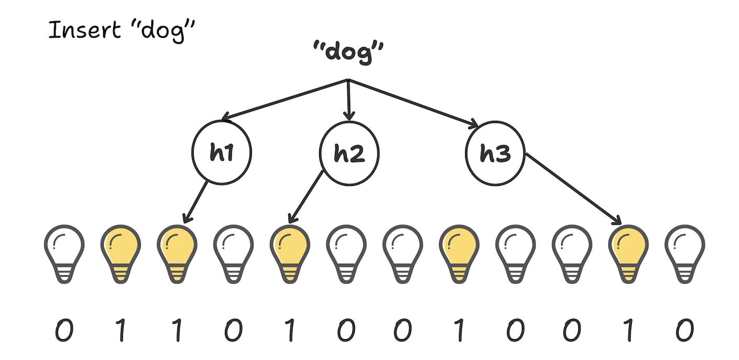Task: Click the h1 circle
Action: click(221, 153)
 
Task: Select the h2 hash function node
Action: click(349, 153)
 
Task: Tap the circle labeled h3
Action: click(495, 153)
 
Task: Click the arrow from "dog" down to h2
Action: click(349, 99)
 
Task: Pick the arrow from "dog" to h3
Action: click(413, 103)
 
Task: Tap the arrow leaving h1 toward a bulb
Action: click(195, 201)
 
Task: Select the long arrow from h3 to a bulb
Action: click(573, 188)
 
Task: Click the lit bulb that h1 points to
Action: click(177, 249)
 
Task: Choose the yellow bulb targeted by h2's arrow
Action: click(289, 249)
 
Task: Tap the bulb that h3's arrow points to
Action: click(628, 249)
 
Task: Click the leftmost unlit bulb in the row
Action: click(64, 249)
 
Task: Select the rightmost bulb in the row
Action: click(685, 249)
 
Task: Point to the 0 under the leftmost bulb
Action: click(64, 331)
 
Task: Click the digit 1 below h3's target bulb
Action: click(628, 331)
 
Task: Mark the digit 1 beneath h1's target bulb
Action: click(177, 331)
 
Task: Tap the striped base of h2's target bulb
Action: click(289, 273)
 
